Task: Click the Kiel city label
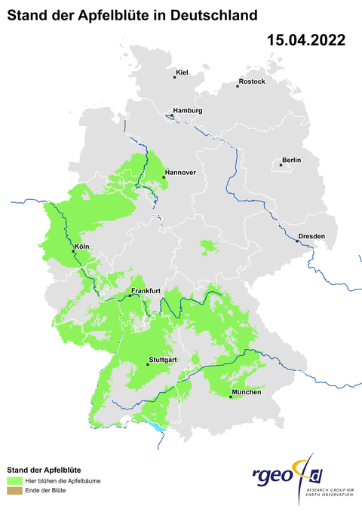(181, 72)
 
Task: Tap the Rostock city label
(252, 81)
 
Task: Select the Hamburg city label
(188, 111)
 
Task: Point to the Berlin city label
(291, 160)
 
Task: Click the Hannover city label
(180, 173)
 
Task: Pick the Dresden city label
(311, 236)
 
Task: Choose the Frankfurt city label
(146, 291)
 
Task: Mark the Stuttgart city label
(163, 360)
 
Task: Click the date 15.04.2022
(306, 41)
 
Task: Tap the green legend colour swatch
(14, 480)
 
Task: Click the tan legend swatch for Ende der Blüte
(14, 491)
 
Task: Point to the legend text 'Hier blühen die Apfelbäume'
(63, 480)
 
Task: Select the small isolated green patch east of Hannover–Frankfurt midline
(207, 246)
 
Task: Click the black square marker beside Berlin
(281, 164)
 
